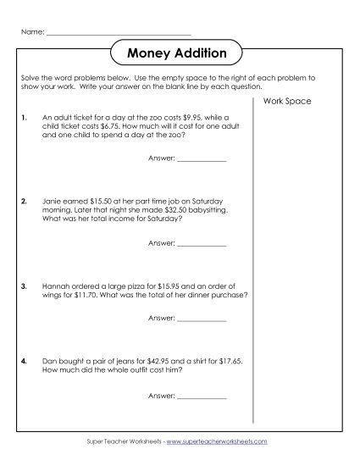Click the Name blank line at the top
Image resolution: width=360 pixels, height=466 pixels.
pyautogui.click(x=119, y=33)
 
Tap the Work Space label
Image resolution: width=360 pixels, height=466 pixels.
pyautogui.click(x=288, y=102)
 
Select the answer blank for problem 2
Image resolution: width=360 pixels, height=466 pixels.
pyautogui.click(x=202, y=244)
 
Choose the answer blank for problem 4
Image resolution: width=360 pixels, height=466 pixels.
pyautogui.click(x=202, y=397)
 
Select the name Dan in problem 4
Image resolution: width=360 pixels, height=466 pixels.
pyautogui.click(x=48, y=361)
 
